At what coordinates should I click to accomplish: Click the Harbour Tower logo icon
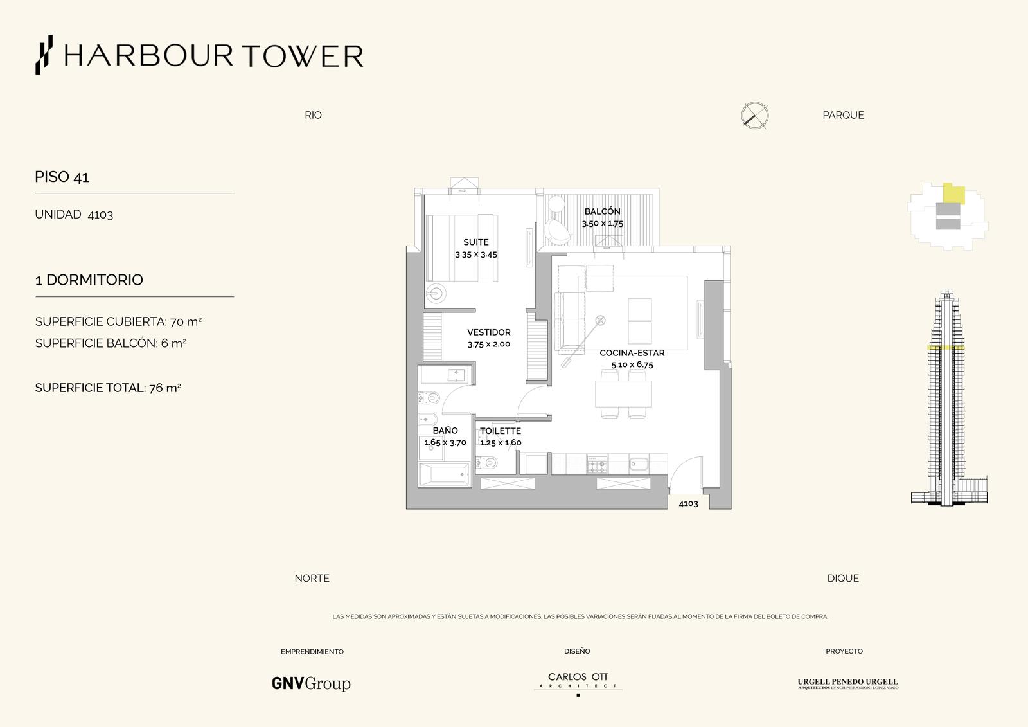tap(44, 55)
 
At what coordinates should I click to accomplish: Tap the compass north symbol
tap(754, 115)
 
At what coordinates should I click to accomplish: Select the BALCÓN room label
tap(602, 211)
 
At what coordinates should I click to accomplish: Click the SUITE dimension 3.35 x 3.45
tap(476, 255)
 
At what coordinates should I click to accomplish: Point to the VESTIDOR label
tap(489, 332)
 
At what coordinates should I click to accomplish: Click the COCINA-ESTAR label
tap(632, 353)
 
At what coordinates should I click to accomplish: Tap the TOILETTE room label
tap(501, 431)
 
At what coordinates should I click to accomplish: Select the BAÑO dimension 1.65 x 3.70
tap(445, 442)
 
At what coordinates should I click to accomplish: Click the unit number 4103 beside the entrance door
tap(688, 503)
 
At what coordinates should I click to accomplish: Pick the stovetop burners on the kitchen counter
tap(597, 464)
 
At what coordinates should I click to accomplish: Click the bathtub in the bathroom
tap(445, 474)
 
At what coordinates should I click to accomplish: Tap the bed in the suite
tap(462, 248)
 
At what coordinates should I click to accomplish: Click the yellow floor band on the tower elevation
tap(946, 348)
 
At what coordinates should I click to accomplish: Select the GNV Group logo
tap(311, 683)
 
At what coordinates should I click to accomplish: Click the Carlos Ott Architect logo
tap(578, 681)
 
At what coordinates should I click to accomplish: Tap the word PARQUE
tap(843, 115)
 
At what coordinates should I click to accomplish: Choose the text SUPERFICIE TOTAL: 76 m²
tap(108, 388)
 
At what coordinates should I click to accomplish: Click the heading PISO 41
tap(62, 177)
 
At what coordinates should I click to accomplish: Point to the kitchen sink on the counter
tap(639, 464)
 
